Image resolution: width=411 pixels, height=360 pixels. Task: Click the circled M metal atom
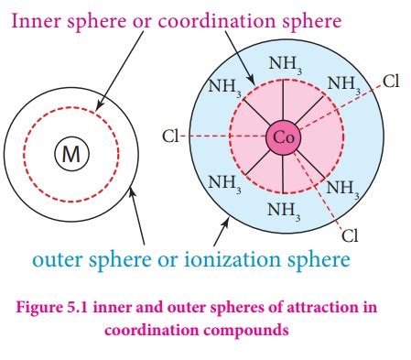(70, 156)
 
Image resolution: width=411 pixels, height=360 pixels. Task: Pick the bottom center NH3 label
(282, 209)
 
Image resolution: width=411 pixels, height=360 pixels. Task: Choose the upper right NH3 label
(342, 88)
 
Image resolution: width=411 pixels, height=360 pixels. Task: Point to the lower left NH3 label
(224, 182)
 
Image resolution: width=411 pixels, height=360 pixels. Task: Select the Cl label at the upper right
(391, 82)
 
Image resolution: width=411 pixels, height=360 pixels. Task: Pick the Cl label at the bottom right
(350, 235)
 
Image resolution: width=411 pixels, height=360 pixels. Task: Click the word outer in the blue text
(59, 261)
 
